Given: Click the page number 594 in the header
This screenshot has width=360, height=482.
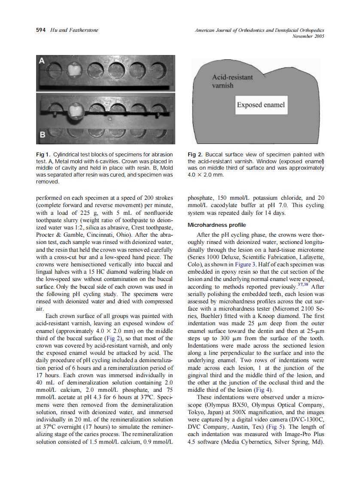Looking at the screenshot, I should click(40, 30).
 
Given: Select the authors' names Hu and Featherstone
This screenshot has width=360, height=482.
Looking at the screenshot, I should click(74, 30).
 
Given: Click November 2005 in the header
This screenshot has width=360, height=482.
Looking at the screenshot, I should click(308, 36).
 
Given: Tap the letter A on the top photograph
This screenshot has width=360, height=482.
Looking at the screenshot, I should click(42, 61).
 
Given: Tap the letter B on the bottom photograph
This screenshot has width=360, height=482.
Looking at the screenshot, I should click(42, 135).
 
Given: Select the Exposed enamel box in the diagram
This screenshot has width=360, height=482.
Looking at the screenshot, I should click(261, 105).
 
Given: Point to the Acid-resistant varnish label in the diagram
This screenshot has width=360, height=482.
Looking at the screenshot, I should click(232, 81).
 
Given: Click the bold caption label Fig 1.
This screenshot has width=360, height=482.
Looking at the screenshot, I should click(43, 155).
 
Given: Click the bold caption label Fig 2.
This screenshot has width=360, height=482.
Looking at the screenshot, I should click(195, 155).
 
